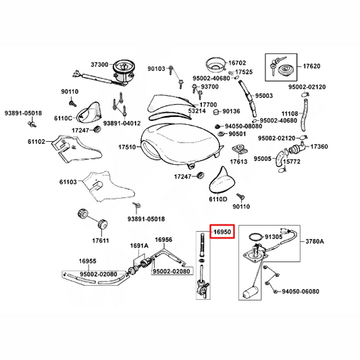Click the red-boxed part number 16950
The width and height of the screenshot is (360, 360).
pyautogui.click(x=222, y=232)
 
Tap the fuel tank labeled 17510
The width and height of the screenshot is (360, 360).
pyautogui.click(x=182, y=145)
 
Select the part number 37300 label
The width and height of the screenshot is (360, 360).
pyautogui.click(x=99, y=65)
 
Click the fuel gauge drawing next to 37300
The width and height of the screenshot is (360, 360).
pyautogui.click(x=124, y=71)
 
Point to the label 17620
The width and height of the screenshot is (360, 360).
pyautogui.click(x=311, y=66)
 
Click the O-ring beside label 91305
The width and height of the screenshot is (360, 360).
pyautogui.click(x=256, y=236)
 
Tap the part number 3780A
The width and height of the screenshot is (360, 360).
pyautogui.click(x=315, y=241)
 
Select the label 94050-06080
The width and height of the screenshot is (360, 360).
pyautogui.click(x=301, y=291)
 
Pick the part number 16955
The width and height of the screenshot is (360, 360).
pyautogui.click(x=88, y=261)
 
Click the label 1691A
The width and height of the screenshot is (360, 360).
pyautogui.click(x=139, y=246)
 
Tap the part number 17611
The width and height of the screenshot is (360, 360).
pyautogui.click(x=101, y=240)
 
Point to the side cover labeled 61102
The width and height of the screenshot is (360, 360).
pyautogui.click(x=76, y=149)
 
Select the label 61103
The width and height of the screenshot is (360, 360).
pyautogui.click(x=68, y=182)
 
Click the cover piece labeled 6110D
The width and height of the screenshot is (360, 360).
pyautogui.click(x=220, y=180)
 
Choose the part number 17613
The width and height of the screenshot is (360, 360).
pyautogui.click(x=239, y=161)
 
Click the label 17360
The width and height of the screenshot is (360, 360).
pyautogui.click(x=319, y=147)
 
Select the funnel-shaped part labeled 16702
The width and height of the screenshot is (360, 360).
pyautogui.click(x=215, y=65)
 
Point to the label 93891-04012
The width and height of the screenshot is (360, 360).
pyautogui.click(x=122, y=124)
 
